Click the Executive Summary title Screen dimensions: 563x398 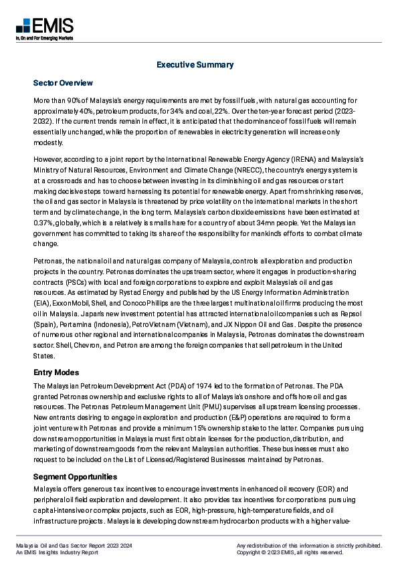(x=195, y=65)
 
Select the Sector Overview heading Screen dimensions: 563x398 (x=64, y=83)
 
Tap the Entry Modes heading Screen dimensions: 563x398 (x=56, y=372)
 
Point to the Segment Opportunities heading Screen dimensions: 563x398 (x=75, y=477)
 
